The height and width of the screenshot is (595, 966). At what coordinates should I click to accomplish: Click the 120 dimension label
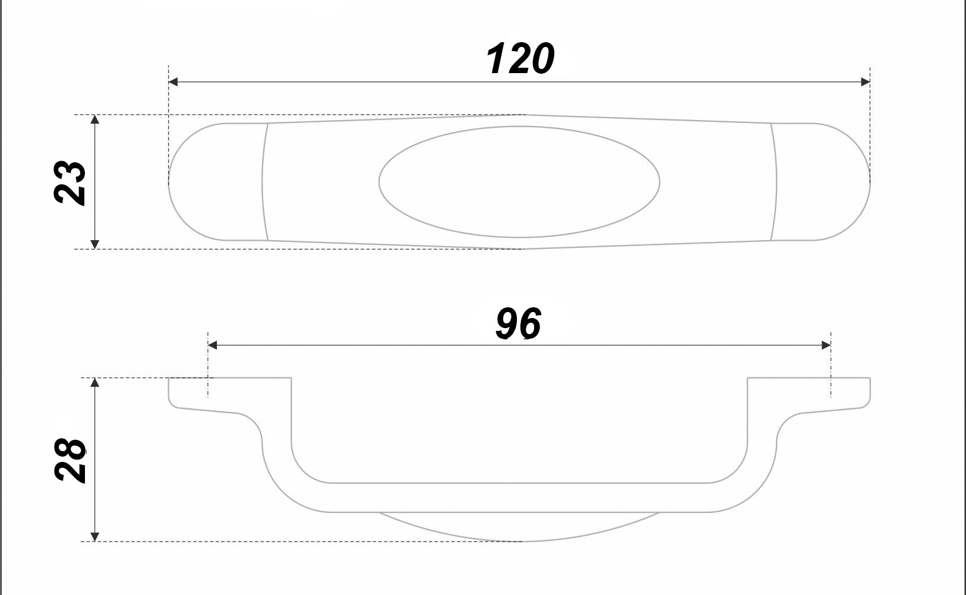pos(520,59)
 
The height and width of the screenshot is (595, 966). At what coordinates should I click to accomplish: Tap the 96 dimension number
pos(518,323)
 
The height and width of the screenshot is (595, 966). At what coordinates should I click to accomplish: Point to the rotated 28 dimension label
pos(70,460)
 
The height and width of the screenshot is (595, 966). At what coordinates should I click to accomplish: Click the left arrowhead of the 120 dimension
pos(173,82)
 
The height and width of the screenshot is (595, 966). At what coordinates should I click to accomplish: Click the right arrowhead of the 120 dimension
pos(865,82)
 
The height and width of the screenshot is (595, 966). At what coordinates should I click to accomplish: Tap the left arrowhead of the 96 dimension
pos(212,345)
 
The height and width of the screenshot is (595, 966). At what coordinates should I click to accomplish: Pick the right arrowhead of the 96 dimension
pos(826,345)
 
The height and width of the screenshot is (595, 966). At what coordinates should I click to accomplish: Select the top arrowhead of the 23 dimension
pos(95,119)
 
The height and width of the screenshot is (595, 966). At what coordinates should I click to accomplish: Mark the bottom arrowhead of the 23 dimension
pos(95,244)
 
